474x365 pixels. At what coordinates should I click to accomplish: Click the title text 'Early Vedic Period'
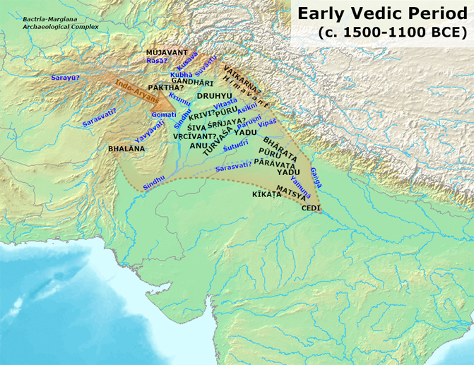click(382, 14)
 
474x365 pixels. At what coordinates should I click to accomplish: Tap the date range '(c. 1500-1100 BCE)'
click(391, 32)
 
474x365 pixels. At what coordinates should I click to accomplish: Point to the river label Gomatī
click(163, 114)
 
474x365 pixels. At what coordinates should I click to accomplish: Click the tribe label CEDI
click(311, 208)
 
